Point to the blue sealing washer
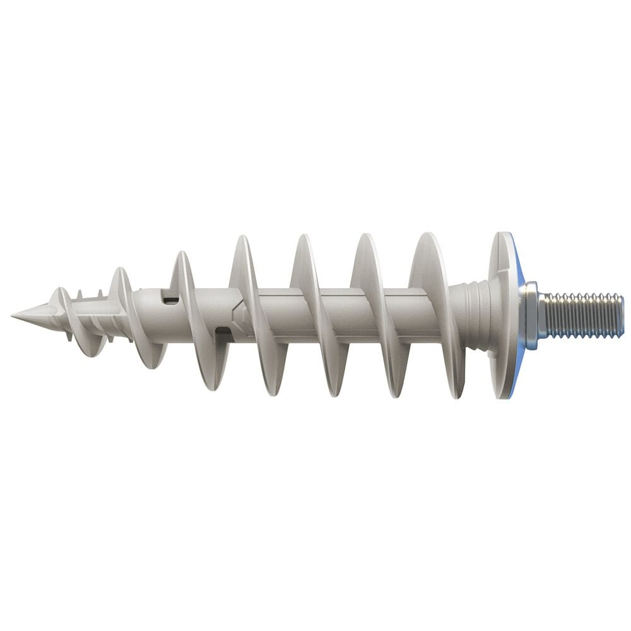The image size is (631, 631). [519, 278]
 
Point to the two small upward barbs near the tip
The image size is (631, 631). [89, 294]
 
